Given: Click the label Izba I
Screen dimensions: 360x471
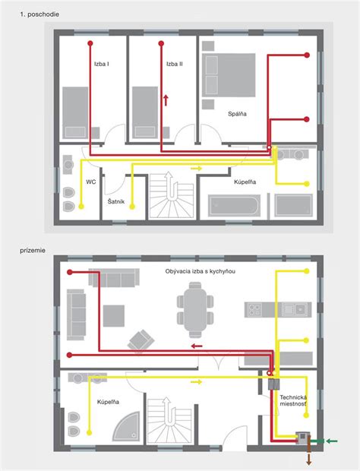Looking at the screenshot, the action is coord(102,64).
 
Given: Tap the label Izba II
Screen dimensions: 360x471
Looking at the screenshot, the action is coord(175,64).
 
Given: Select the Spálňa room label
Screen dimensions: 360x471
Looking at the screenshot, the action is coord(237,114).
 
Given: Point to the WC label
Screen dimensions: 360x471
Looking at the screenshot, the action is coord(91,182).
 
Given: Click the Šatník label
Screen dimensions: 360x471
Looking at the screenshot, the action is coord(116,201).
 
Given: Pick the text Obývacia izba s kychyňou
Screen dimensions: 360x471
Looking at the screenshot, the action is coord(201,271).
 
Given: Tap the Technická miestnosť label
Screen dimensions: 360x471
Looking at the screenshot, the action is coord(293,400).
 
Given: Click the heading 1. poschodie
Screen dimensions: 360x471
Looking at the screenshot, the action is coord(39,14).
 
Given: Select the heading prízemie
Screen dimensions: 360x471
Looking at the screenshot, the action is coord(33,251).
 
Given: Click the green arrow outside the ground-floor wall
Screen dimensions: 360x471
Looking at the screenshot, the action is coord(332,441).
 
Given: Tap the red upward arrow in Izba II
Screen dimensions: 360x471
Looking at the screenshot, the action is coord(166,100).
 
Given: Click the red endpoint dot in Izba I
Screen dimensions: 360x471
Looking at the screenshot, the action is coord(90,43).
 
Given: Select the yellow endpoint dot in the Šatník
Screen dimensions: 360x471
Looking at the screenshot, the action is coord(132,207).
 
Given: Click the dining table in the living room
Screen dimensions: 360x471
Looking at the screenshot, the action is coord(195,310).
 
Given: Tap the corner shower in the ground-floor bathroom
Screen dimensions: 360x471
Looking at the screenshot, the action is coord(126,426).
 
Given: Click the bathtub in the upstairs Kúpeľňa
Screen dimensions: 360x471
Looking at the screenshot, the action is coord(234,206).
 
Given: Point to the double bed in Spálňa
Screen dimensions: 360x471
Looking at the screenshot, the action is coord(229,75).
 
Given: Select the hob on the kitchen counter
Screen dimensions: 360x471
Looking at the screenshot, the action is coord(254,310).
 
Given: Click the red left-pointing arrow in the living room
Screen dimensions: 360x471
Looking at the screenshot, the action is coord(197,346).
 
